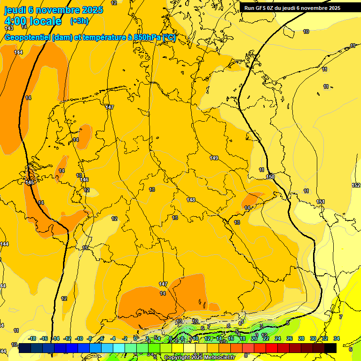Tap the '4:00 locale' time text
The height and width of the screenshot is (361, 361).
tap(32, 21)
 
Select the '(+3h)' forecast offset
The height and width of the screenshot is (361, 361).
tap(78, 21)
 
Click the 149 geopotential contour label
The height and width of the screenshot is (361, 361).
tap(214, 158)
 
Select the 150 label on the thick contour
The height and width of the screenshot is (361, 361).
tap(270, 177)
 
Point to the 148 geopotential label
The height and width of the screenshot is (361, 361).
tap(191, 200)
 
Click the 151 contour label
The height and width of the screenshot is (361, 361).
tap(321, 202)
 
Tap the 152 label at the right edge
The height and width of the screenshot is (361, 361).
tap(356, 185)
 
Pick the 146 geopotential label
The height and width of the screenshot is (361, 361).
tap(84, 180)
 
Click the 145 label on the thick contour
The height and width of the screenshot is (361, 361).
tap(30, 182)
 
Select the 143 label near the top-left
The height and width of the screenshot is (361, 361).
tap(9, 29)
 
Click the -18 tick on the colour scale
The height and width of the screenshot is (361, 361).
tap(32, 338)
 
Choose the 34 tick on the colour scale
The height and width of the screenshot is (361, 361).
tap(337, 338)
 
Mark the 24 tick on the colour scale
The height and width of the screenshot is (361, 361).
tap(277, 338)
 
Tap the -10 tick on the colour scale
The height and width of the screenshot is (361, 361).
tap(79, 338)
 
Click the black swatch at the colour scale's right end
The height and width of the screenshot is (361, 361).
tap(330, 348)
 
